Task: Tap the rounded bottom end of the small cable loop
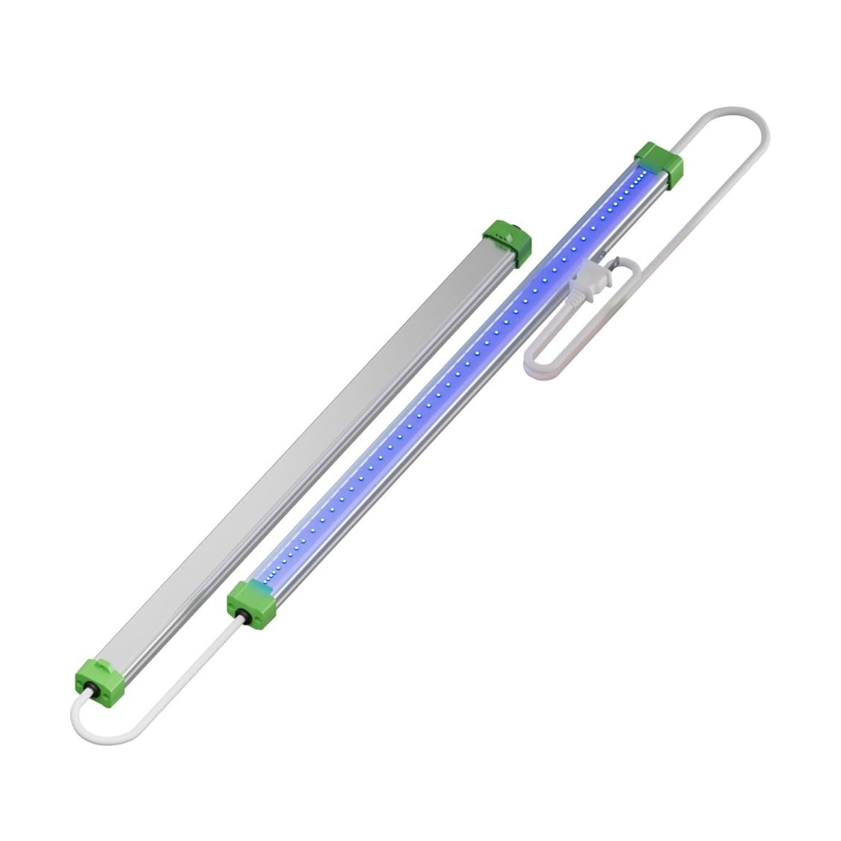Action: [533, 359]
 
